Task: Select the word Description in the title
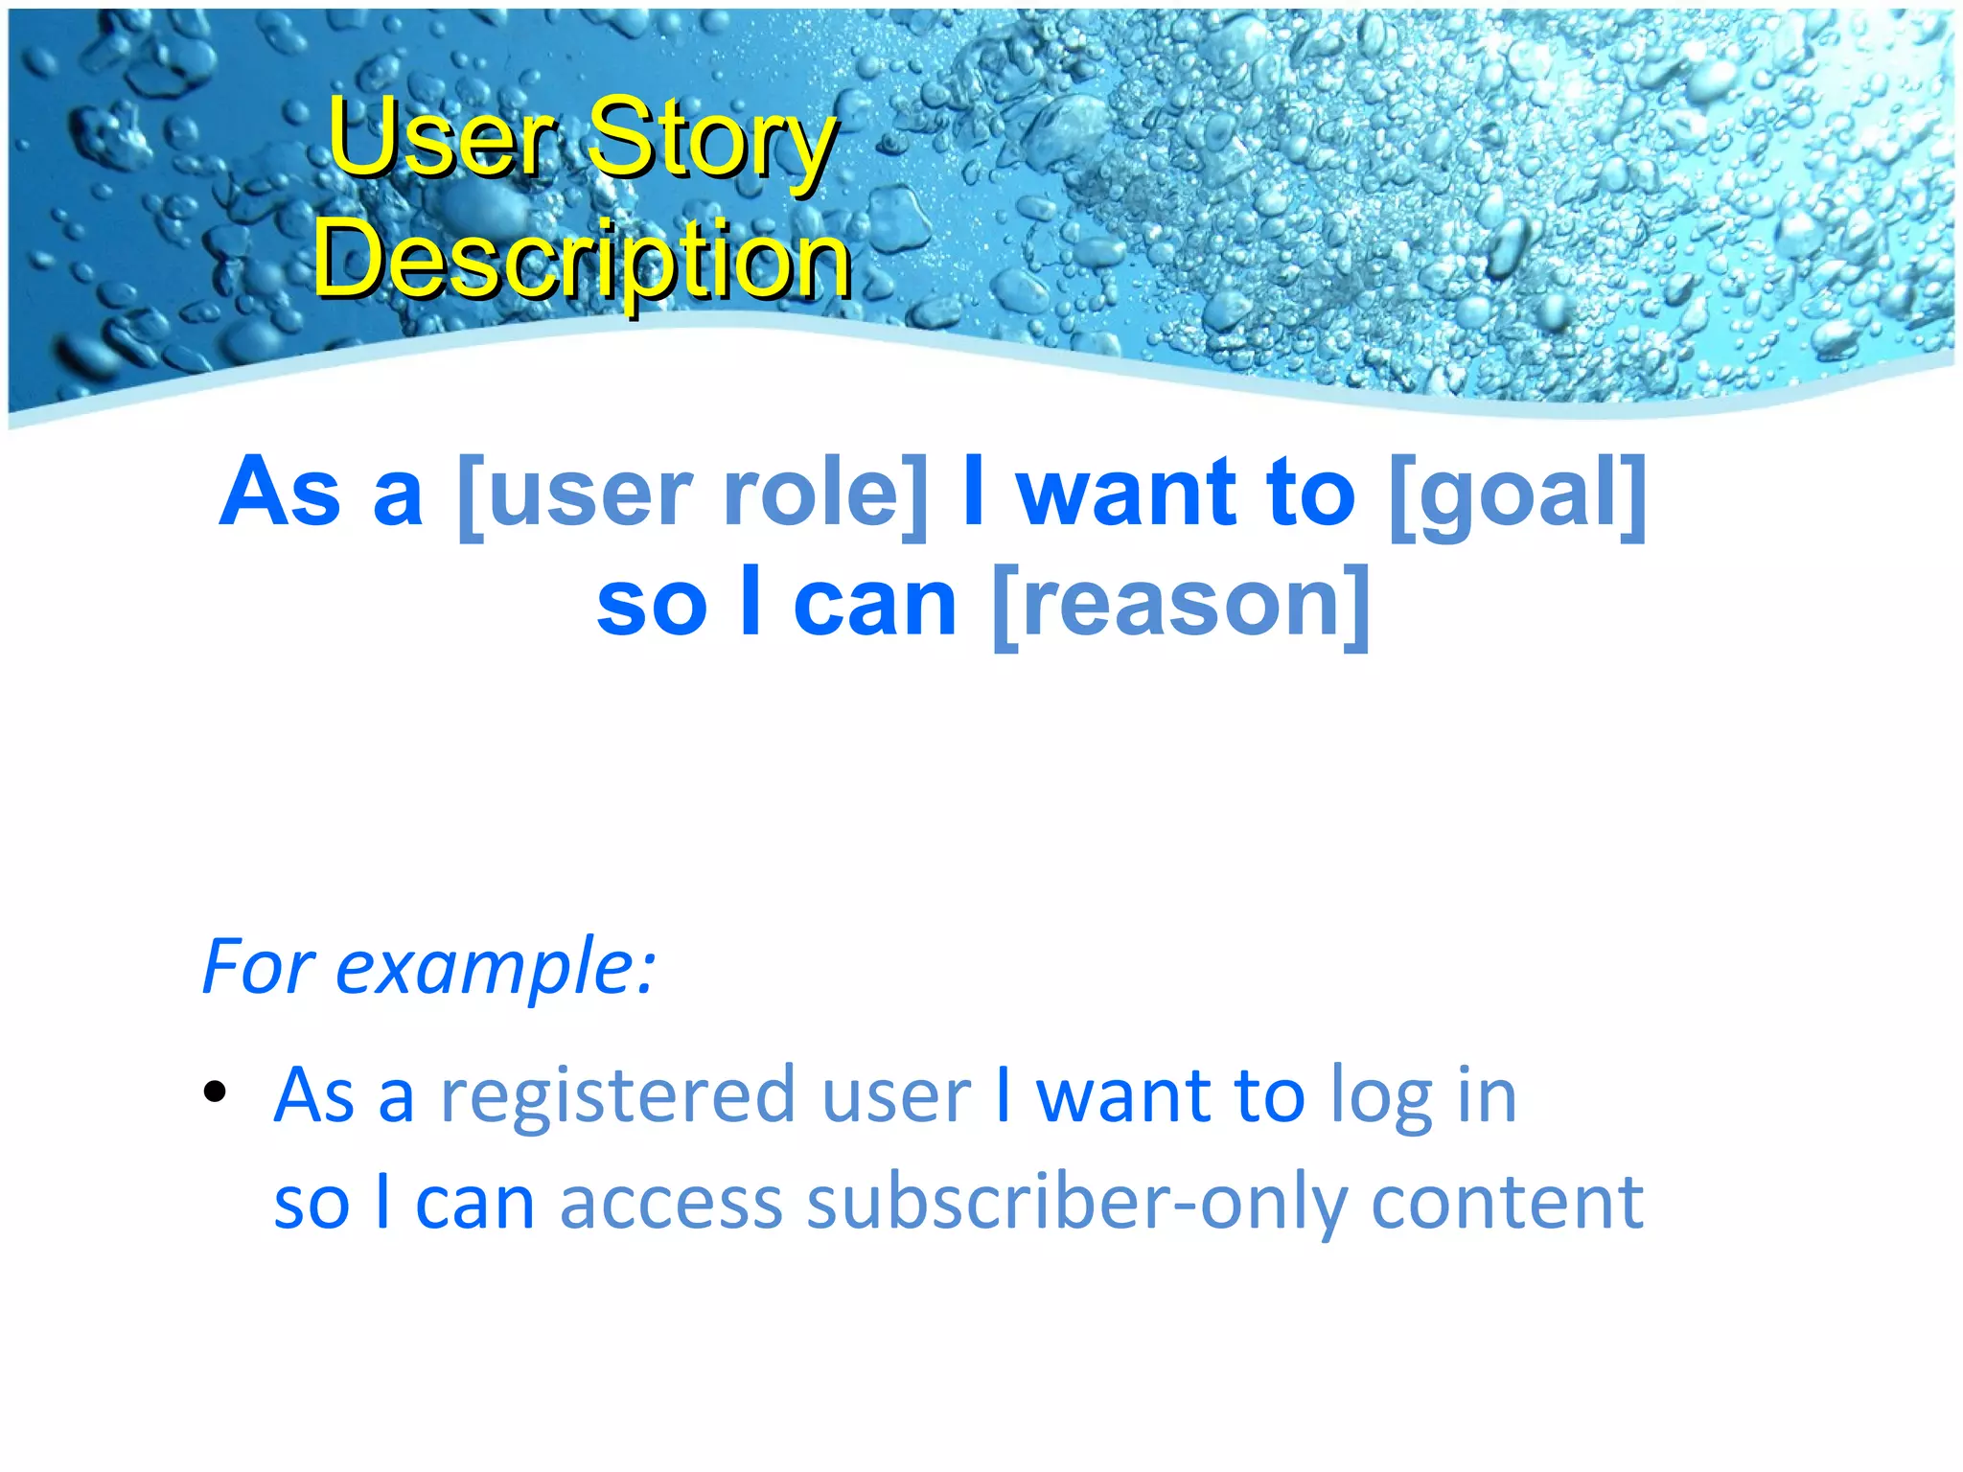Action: point(582,259)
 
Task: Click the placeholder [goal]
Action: point(1517,494)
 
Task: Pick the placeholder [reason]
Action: point(1181,604)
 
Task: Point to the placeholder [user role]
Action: point(693,494)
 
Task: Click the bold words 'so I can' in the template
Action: point(776,604)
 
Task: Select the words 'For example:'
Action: point(428,966)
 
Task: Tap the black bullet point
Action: point(215,1091)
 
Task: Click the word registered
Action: point(618,1094)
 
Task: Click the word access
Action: point(671,1202)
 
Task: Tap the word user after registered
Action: point(896,1094)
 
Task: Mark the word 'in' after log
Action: point(1487,1094)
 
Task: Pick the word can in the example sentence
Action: point(474,1202)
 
